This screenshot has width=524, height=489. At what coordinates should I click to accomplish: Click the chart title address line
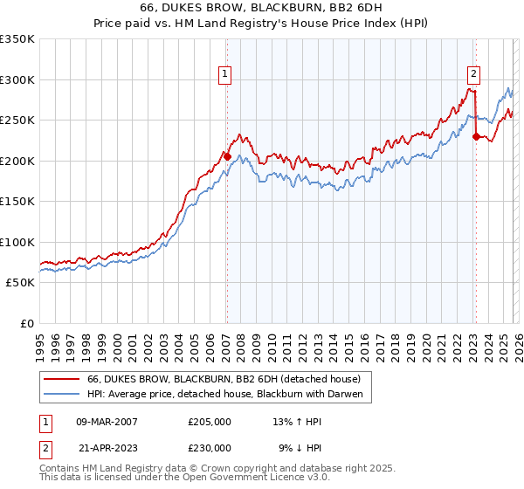click(261, 7)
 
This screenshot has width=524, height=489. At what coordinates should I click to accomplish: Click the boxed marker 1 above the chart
click(225, 75)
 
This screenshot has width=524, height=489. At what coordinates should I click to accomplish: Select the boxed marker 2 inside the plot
click(473, 75)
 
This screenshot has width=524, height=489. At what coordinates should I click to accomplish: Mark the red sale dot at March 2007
click(227, 156)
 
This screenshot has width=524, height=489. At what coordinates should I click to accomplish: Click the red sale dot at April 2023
click(476, 136)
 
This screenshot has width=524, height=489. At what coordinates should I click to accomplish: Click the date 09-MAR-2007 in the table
click(107, 421)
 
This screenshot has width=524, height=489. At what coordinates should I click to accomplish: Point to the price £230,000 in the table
click(209, 447)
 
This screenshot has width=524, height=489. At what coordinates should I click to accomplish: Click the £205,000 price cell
click(209, 421)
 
